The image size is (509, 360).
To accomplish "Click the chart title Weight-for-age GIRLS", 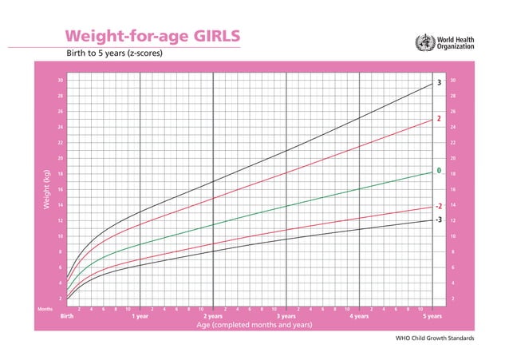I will (x=151, y=37).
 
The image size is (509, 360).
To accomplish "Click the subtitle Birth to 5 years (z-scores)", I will (x=115, y=54).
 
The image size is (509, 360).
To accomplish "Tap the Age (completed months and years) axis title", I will (x=250, y=325).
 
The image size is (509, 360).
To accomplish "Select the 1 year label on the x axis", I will (x=140, y=316).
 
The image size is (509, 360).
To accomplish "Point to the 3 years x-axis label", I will (x=286, y=316).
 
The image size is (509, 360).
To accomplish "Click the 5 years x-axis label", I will (x=432, y=316).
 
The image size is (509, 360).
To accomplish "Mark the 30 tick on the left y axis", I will (x=60, y=81).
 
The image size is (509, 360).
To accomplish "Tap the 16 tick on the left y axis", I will (x=60, y=189).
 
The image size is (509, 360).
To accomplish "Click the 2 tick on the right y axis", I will (x=452, y=299).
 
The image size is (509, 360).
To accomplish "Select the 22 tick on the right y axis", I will (x=452, y=143).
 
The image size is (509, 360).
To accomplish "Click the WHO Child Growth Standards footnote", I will (x=435, y=338).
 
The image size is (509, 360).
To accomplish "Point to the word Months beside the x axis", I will (x=45, y=308).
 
